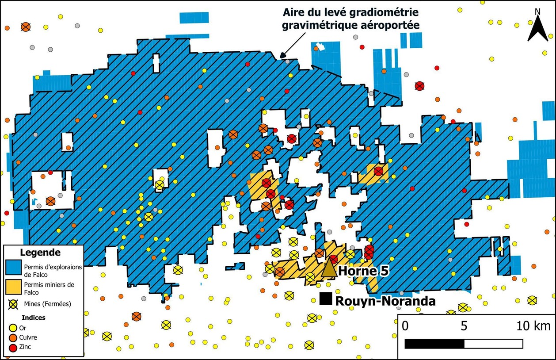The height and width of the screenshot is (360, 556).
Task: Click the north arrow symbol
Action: (537, 27)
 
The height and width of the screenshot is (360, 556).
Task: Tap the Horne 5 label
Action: (363, 271)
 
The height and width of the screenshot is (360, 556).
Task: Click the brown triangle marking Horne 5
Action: (328, 268)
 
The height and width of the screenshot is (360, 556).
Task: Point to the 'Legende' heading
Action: (40, 253)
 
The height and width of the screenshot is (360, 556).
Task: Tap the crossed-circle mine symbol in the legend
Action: (14, 304)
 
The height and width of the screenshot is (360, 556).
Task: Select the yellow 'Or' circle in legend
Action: (13, 328)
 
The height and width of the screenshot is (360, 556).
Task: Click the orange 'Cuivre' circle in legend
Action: (13, 337)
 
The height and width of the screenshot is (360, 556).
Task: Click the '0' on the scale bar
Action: (405, 326)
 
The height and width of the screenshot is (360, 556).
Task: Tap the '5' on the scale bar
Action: (464, 326)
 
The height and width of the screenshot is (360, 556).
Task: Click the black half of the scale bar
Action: (434, 344)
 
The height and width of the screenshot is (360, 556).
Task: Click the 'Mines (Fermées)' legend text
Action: (47, 304)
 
